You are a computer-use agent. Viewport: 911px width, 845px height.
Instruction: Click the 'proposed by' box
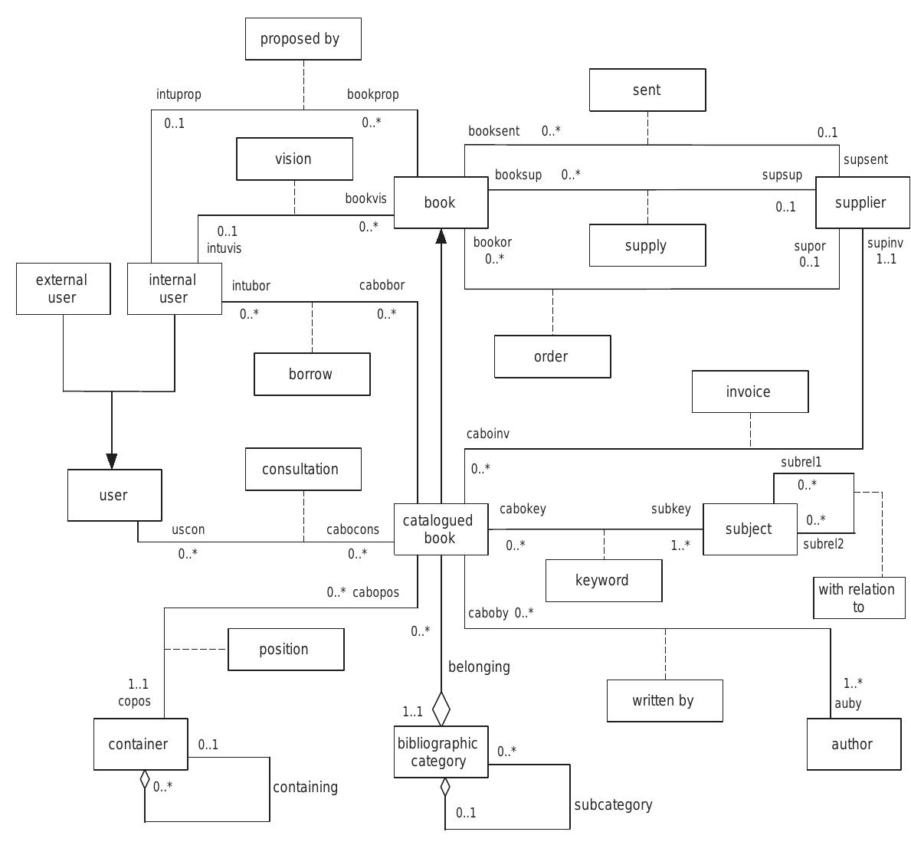303,39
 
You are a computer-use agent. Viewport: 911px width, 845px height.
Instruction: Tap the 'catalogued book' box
441,529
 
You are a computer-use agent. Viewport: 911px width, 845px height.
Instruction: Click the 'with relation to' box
857,598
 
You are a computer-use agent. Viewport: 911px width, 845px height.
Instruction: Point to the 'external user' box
62,289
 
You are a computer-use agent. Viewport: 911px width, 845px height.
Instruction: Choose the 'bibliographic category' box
441,752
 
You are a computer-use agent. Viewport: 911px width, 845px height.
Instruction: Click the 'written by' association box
664,700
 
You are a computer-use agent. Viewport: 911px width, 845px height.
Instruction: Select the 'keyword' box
603,581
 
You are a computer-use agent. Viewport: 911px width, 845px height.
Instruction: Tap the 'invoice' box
749,392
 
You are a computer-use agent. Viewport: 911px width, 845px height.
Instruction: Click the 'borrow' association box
312,375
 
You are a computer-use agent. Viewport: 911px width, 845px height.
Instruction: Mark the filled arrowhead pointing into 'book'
441,237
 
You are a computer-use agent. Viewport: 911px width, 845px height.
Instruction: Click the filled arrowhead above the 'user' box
112,460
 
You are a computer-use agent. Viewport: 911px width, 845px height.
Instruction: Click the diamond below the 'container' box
144,780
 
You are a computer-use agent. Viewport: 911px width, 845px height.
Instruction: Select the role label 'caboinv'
488,434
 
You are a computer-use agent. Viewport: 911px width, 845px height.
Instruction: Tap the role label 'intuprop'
179,95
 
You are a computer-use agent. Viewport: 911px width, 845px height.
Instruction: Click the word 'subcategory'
614,805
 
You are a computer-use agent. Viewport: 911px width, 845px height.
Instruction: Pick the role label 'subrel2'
823,545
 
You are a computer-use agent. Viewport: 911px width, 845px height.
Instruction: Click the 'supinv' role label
885,244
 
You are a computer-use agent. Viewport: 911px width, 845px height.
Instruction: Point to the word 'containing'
305,788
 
